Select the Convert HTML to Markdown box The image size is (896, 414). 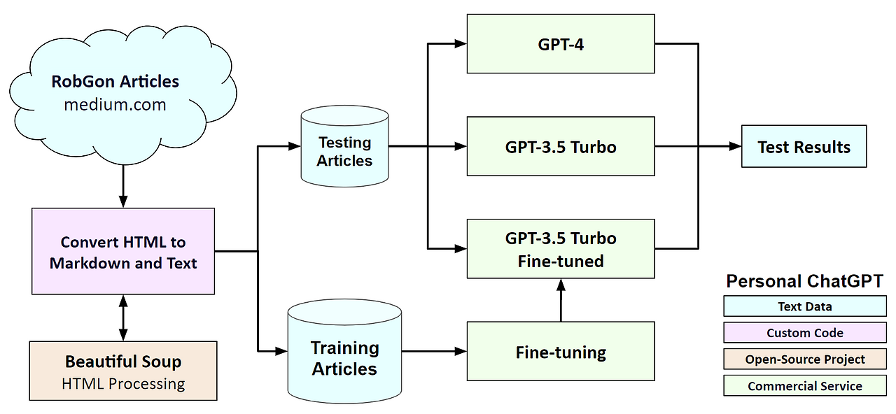coord(123,251)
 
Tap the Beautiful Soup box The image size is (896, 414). coord(123,371)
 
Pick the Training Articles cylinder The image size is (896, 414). coord(344,353)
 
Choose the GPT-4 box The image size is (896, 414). coord(561,44)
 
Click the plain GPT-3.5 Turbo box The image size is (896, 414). coord(561,146)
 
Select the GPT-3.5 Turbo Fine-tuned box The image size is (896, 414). coord(561,249)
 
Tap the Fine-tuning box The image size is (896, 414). coord(561,351)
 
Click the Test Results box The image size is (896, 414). coord(804,147)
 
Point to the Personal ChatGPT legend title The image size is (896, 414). coord(804,281)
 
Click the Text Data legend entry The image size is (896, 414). coord(804,306)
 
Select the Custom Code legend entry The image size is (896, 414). coord(804,333)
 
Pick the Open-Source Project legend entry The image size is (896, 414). coord(804,359)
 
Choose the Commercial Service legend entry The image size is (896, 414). coord(804,385)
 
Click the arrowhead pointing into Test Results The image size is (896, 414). coord(735,147)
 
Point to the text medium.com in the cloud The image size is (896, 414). coord(115,105)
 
